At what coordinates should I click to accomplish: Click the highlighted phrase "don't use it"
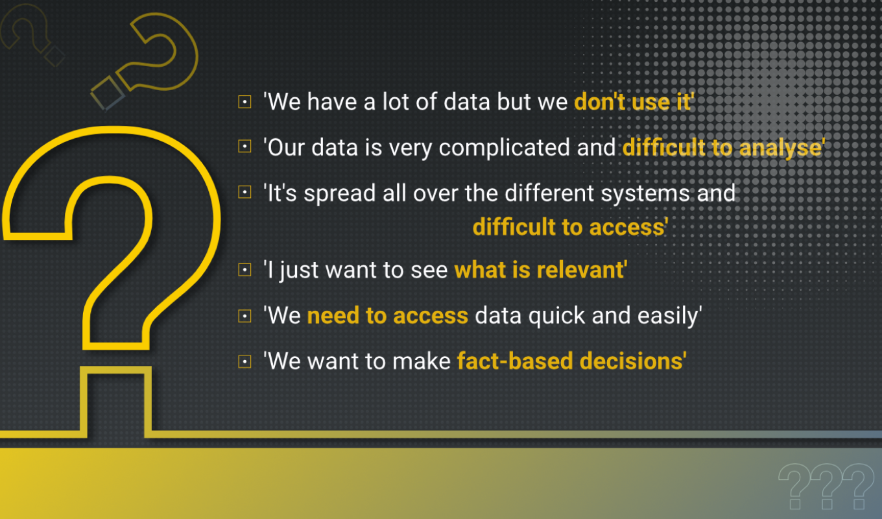[633, 102]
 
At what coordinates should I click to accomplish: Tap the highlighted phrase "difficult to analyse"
[722, 147]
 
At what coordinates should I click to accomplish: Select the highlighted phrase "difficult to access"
[569, 227]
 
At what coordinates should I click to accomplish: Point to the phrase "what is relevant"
[540, 270]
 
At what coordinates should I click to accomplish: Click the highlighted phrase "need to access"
[387, 315]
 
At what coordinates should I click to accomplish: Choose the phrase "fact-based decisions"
[571, 361]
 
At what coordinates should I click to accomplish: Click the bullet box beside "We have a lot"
[244, 102]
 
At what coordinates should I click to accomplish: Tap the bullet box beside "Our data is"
[244, 147]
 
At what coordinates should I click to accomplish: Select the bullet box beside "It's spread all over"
[244, 193]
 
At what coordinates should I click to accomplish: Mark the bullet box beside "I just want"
[244, 270]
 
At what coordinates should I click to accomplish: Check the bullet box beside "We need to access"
[244, 316]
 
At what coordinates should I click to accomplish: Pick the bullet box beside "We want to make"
[244, 361]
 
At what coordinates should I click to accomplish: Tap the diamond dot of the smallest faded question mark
[54, 56]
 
